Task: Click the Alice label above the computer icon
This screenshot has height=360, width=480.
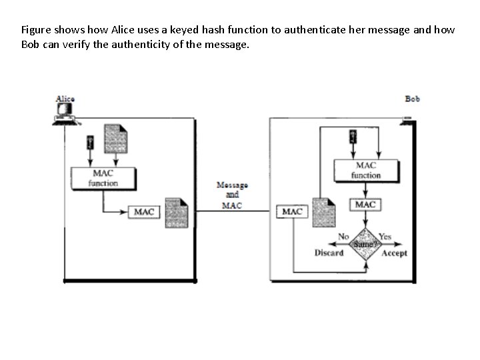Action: point(65,99)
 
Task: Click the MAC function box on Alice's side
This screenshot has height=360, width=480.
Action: point(103,178)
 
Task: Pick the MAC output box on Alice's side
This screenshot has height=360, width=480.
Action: point(145,212)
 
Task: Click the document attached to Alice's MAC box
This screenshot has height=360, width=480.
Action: point(177,213)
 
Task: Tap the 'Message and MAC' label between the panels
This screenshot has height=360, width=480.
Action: point(232,195)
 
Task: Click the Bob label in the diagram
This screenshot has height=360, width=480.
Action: point(413,99)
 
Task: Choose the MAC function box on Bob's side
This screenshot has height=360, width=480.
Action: point(365,170)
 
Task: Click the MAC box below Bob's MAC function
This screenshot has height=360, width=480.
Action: point(365,205)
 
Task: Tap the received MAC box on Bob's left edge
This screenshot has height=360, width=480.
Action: point(292,212)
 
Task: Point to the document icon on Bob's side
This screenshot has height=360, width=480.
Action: point(323,211)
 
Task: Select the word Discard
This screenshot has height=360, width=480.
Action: point(329,253)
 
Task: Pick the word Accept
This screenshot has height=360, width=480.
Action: point(394,253)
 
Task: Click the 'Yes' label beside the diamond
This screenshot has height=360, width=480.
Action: point(385,236)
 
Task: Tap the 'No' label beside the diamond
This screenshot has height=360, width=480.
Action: point(343,236)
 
